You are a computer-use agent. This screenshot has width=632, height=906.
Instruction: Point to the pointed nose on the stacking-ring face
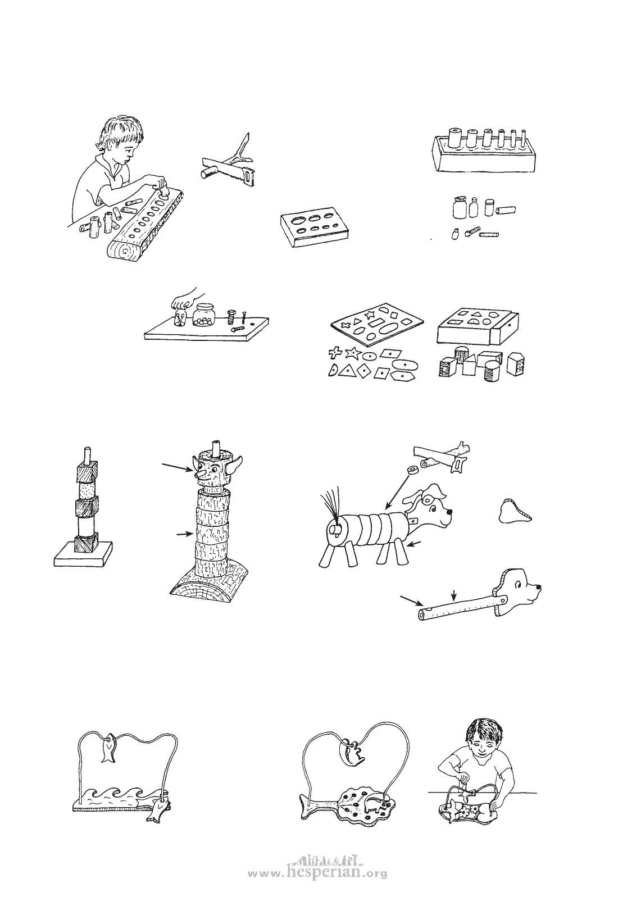(x=201, y=475)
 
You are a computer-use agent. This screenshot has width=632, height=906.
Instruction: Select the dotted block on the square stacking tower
(x=86, y=490)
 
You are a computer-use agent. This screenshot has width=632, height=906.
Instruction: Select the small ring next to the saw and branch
(x=413, y=470)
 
